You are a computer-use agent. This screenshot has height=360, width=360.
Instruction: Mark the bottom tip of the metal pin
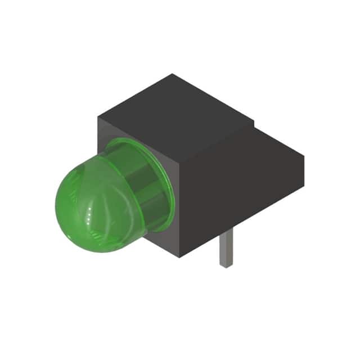pos(225,265)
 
